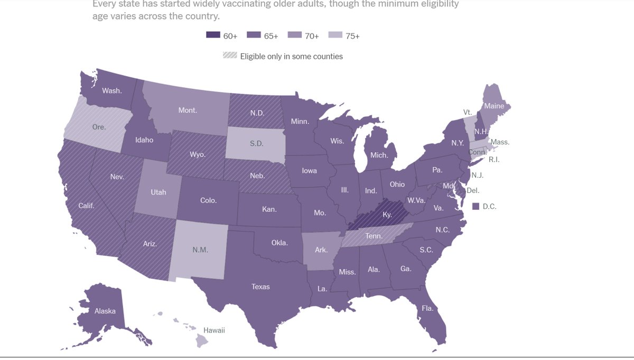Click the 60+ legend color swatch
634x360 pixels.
pyautogui.click(x=213, y=36)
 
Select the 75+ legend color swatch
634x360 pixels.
pyautogui.click(x=335, y=36)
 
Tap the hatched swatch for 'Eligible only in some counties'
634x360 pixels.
pyautogui.click(x=230, y=56)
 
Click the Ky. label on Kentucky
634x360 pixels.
pyautogui.click(x=387, y=215)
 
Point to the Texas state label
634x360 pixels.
pyautogui.click(x=260, y=287)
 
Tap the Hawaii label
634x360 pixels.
pyautogui.click(x=215, y=330)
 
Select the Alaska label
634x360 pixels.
pyautogui.click(x=105, y=311)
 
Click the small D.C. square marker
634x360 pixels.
pyautogui.click(x=475, y=206)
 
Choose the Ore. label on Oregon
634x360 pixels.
pyautogui.click(x=99, y=127)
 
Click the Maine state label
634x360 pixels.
pyautogui.click(x=494, y=106)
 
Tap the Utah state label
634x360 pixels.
pyautogui.click(x=158, y=192)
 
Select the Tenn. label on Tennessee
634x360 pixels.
pyautogui.click(x=374, y=236)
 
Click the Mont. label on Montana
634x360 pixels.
pyautogui.click(x=188, y=110)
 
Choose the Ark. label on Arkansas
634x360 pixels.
pyautogui.click(x=321, y=250)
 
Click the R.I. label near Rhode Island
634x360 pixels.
pyautogui.click(x=493, y=159)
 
